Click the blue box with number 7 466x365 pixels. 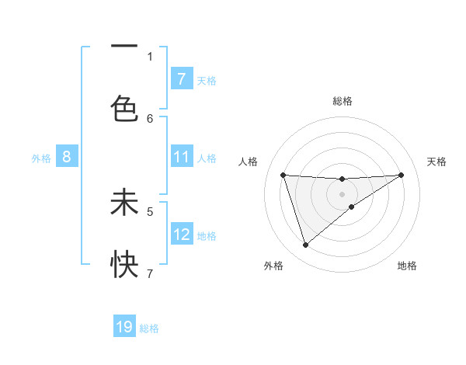181,79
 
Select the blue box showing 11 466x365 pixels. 181,157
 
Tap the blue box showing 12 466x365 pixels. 181,234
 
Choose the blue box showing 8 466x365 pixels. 66,157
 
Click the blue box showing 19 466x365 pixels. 124,327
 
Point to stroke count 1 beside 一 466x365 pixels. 150,56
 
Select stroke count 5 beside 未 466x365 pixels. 150,210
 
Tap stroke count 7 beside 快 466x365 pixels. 150,273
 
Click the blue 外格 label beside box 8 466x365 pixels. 41,158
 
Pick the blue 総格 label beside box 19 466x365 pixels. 149,328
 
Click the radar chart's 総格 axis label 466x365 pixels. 343,101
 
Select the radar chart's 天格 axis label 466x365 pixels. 437,162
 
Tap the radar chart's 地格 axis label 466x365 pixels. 407,266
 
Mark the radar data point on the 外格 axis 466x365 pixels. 305,245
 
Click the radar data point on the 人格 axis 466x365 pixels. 283,175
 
